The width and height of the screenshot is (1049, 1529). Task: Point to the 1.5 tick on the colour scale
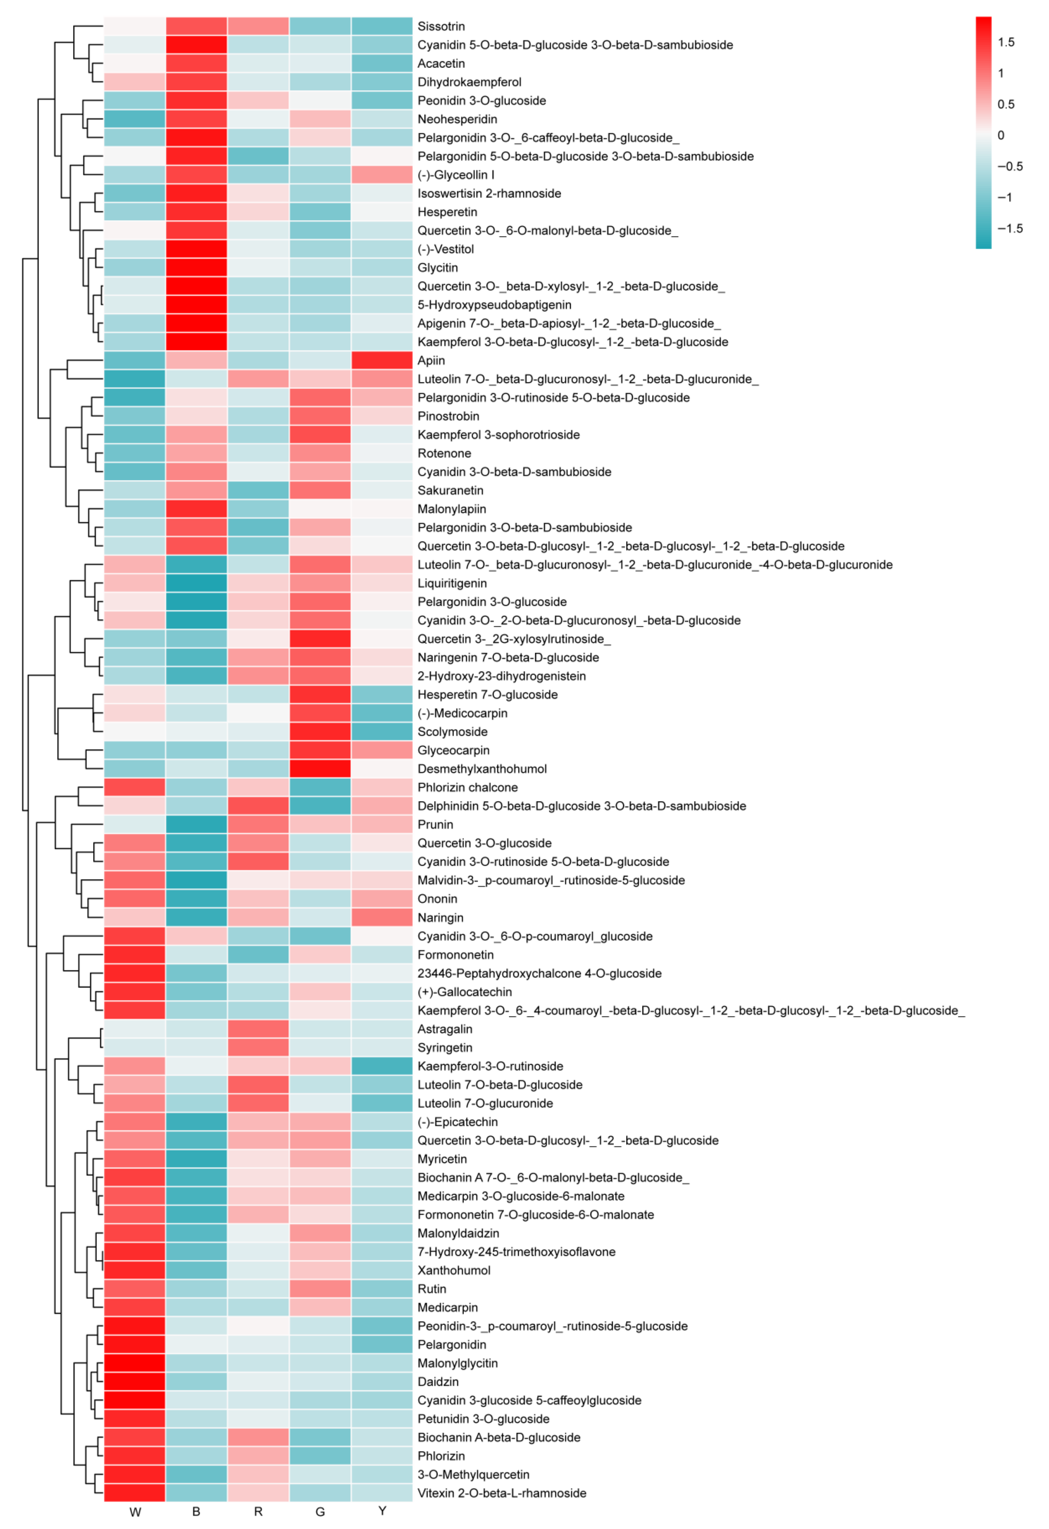(1006, 42)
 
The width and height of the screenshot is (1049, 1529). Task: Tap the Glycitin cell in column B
(197, 268)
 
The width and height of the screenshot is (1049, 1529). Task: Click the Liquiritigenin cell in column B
(197, 583)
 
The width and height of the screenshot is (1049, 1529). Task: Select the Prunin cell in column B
(197, 825)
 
